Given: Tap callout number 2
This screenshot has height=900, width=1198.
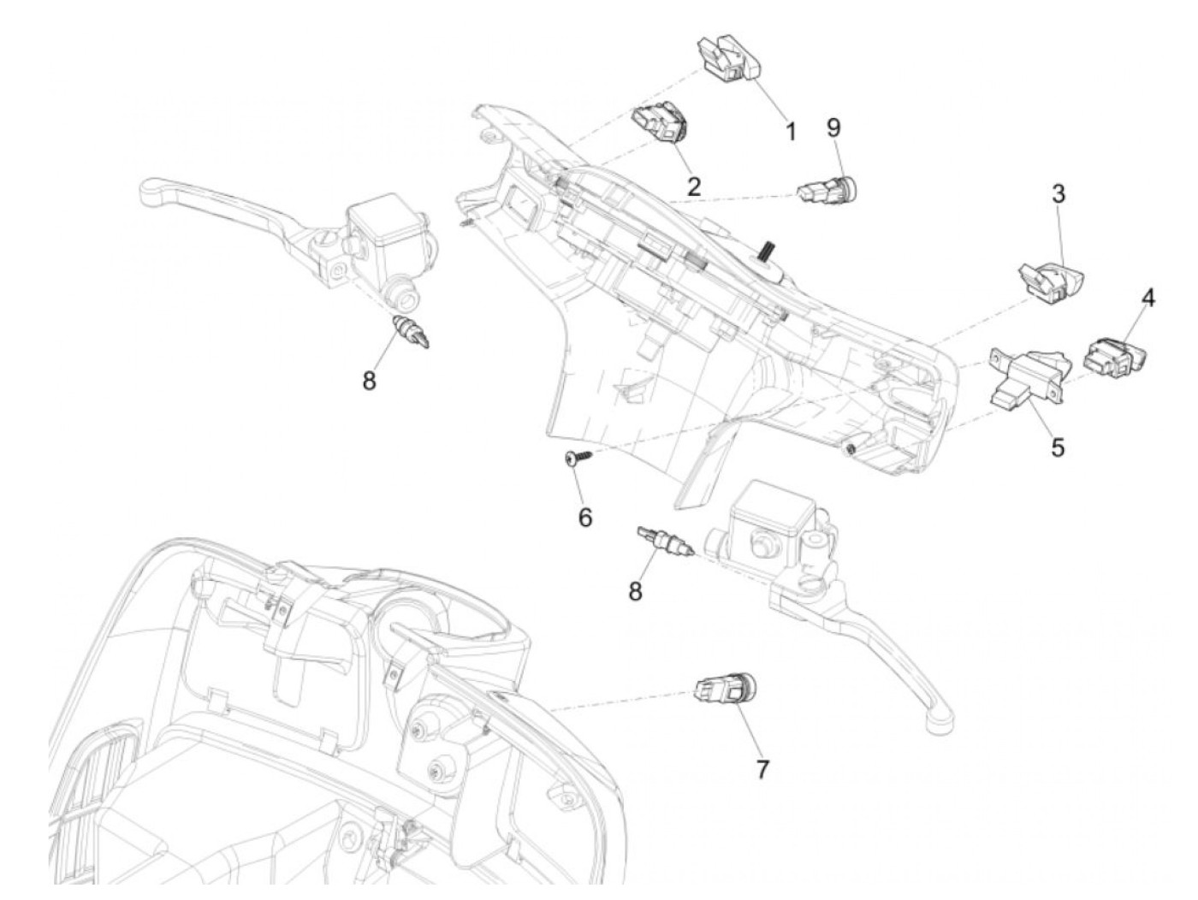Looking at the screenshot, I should point(693,186).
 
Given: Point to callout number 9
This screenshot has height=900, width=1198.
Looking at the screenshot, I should point(833,127).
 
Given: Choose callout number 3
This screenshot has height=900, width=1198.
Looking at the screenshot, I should point(1059,194).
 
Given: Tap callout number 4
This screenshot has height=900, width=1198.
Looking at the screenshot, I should point(1148,299).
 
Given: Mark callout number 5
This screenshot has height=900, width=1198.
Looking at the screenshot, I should point(1058,446).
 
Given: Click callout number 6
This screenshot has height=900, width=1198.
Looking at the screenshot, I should point(585,518).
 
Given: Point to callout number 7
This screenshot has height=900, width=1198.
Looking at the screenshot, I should point(761,769).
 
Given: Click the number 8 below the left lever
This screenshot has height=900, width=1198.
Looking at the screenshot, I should point(369,381).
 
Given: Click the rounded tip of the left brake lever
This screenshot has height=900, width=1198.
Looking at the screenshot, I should point(152,187).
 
